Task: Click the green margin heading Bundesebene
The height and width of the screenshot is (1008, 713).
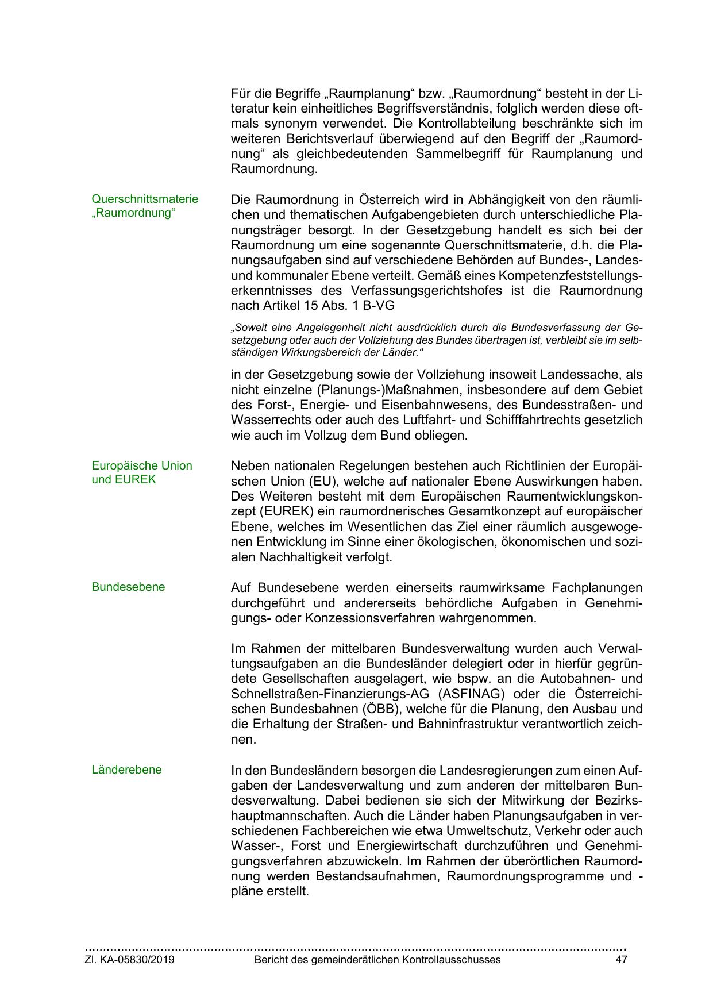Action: pos(128,587)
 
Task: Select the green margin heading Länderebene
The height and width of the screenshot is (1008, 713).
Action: pos(126,770)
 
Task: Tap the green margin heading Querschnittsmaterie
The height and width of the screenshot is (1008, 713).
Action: pos(145,199)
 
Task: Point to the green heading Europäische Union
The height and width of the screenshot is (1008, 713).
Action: pos(142,465)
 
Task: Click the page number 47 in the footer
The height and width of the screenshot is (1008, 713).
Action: pos(621,960)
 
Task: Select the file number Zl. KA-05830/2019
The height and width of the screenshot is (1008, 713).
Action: pos(130,960)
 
